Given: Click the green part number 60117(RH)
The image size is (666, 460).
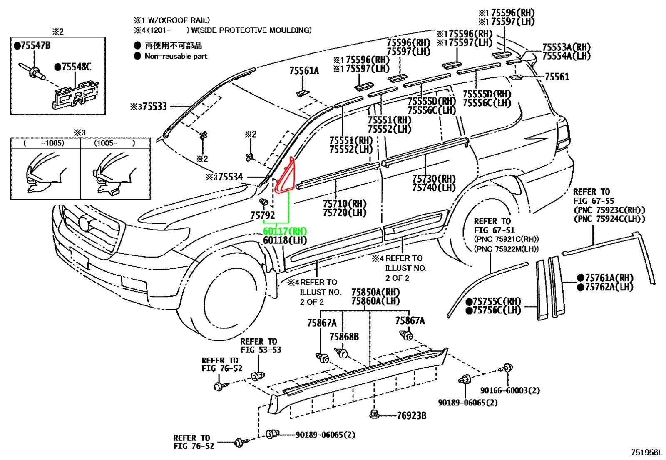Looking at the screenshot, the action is [285, 231].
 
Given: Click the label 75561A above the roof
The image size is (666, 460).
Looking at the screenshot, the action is [304, 71].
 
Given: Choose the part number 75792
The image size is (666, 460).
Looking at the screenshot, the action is [263, 215].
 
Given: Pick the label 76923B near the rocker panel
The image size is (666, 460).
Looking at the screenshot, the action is [412, 415].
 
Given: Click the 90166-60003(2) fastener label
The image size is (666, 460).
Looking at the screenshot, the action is [509, 390].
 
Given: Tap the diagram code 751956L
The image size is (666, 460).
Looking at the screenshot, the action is [647, 452].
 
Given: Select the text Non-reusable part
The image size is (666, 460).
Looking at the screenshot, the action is [176, 56].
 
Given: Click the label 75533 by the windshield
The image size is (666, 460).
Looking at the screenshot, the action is [154, 106].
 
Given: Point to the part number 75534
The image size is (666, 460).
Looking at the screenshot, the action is [231, 177].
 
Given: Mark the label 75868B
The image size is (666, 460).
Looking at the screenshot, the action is [344, 337].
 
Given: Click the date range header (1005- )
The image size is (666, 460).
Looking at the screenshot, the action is [114, 143].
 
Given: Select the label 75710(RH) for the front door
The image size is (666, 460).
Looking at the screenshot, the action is [344, 203].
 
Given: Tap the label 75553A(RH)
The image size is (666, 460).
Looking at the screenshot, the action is [567, 47].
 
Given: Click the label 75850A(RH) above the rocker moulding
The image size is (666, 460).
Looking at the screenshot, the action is [375, 292].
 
